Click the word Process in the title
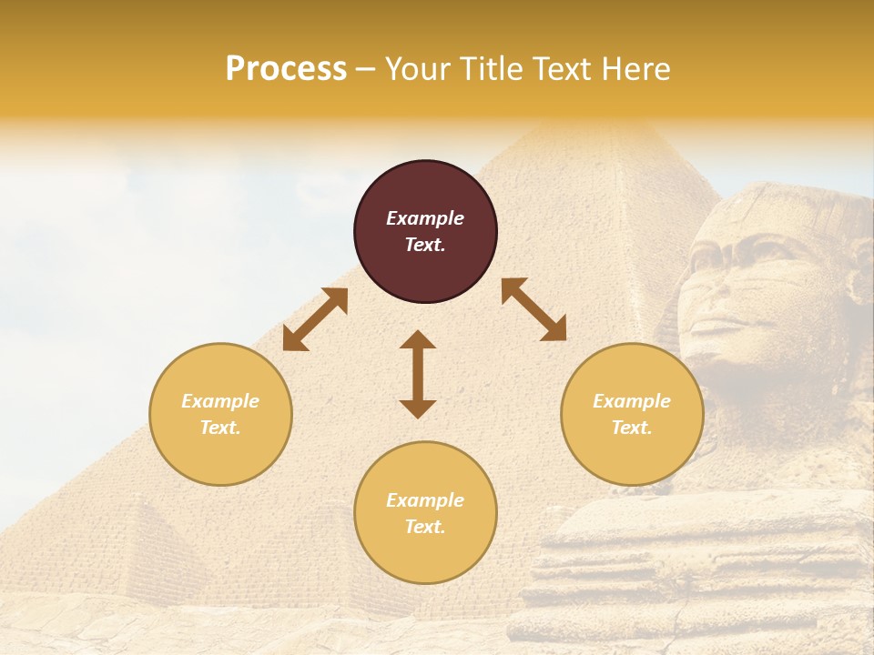[286, 69]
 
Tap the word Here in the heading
[634, 69]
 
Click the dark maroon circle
[425, 231]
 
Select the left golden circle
[220, 414]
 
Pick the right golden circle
[632, 414]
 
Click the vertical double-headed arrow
[418, 374]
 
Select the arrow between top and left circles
[315, 319]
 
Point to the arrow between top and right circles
[534, 309]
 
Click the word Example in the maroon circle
[425, 218]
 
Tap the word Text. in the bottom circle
[425, 527]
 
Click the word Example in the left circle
[220, 401]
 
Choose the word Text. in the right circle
[632, 428]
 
